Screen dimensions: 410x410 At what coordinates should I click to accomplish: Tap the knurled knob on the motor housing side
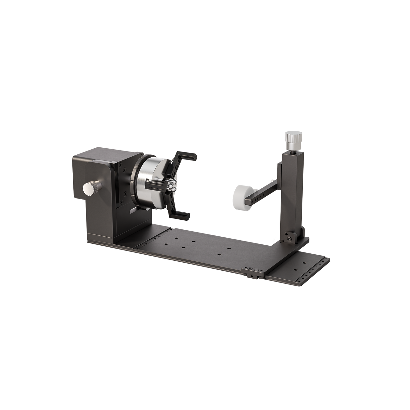coord(89,189)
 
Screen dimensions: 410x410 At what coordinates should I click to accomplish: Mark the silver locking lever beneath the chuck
coord(133,211)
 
